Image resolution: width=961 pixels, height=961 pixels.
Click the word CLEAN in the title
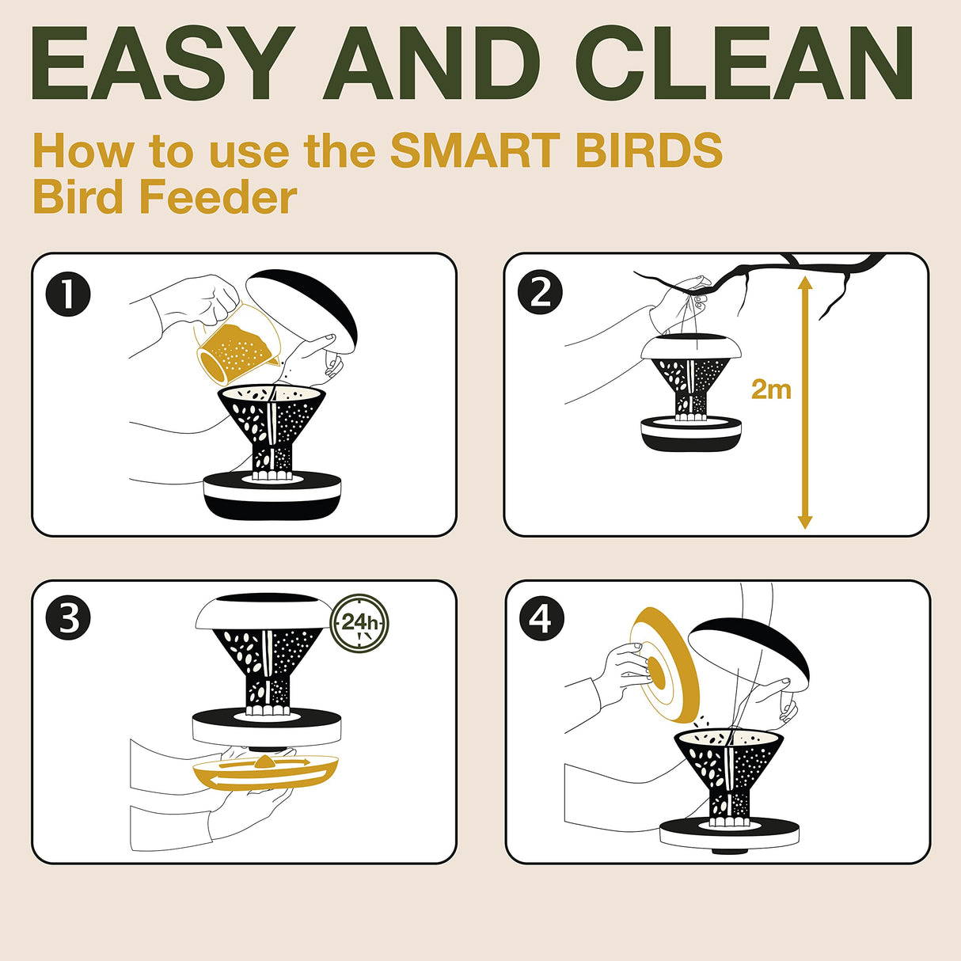[744, 63]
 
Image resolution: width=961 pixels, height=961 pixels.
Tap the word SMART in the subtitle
[475, 150]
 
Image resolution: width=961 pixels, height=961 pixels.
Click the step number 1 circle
[68, 294]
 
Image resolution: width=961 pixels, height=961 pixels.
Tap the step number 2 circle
[540, 292]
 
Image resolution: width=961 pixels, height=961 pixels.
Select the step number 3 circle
[68, 618]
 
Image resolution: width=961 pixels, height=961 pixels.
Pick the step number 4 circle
[541, 618]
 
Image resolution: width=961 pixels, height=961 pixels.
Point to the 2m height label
[771, 389]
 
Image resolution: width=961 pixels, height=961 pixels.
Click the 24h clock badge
[359, 623]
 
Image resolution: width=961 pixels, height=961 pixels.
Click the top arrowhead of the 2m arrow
[804, 283]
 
